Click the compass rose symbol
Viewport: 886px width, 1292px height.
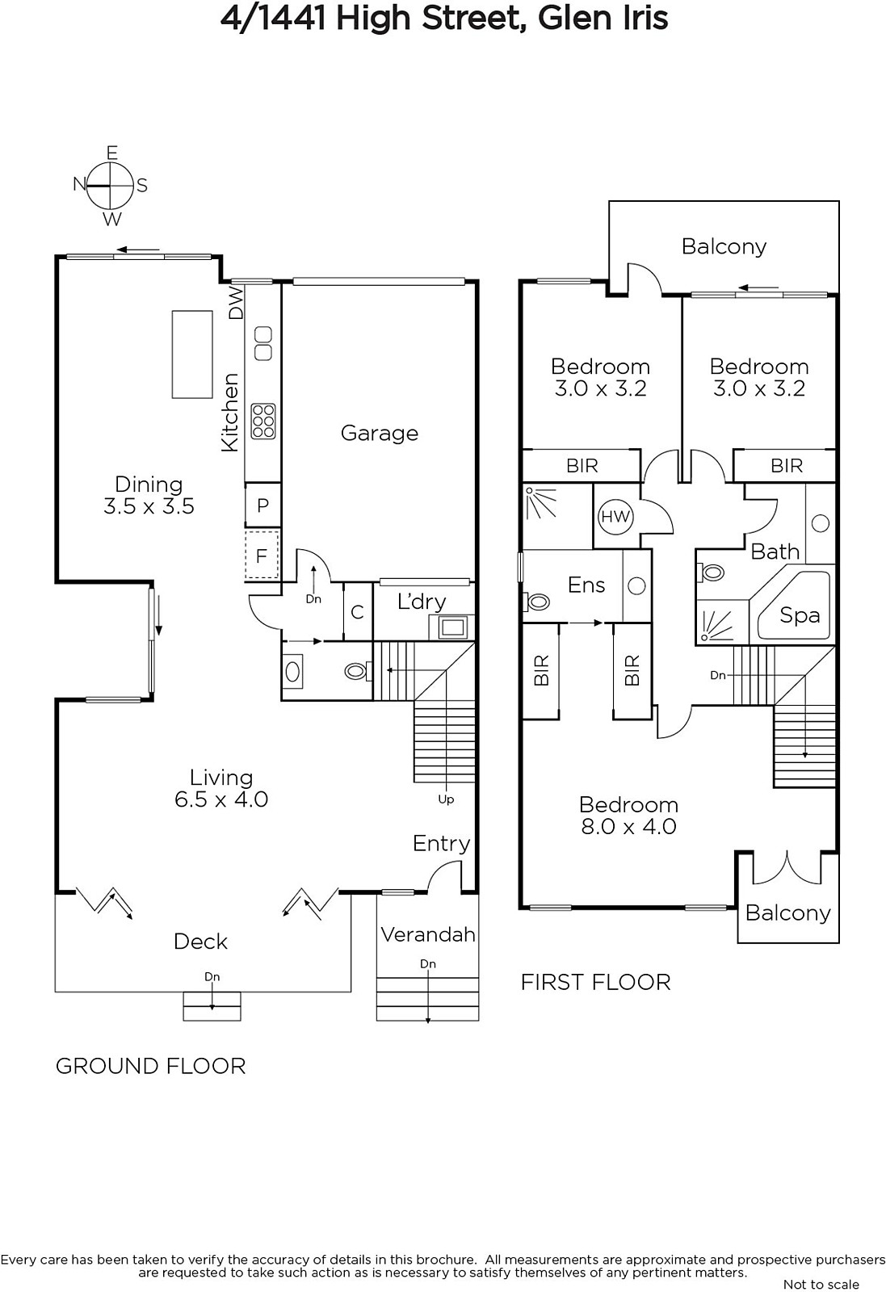[x=110, y=186]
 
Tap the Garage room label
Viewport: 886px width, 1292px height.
[x=379, y=433]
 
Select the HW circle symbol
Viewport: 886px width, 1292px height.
[x=615, y=516]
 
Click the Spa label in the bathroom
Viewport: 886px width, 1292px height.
[x=800, y=615]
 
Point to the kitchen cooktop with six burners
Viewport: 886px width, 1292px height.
[x=263, y=421]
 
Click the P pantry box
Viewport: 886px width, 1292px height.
[x=262, y=505]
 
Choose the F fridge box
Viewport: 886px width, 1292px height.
[x=262, y=556]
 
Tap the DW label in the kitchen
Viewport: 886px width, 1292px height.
[x=237, y=304]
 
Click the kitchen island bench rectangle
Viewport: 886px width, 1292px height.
[x=192, y=354]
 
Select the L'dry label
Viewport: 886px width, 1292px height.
[x=422, y=602]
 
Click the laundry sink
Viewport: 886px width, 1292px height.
[x=452, y=627]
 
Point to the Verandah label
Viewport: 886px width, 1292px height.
[x=428, y=935]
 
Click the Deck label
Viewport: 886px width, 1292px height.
[x=200, y=942]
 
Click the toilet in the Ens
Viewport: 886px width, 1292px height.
[x=537, y=602]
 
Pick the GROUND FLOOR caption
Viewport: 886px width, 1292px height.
[x=150, y=1067]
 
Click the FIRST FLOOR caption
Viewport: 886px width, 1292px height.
[x=596, y=983]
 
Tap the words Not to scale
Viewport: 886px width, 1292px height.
[x=821, y=1284]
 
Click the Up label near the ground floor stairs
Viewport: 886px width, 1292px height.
[x=446, y=800]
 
